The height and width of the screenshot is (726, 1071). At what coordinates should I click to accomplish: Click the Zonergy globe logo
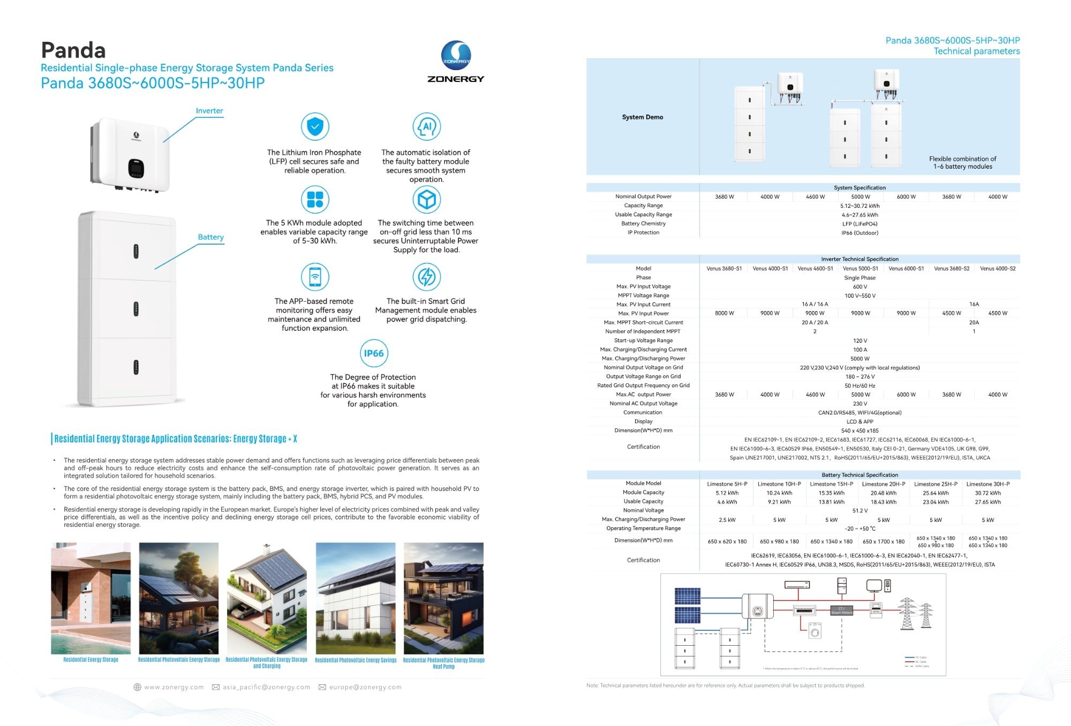coord(456,56)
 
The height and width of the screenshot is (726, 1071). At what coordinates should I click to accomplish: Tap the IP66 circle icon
coord(373,353)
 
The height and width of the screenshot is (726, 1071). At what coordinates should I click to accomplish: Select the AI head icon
coord(426,127)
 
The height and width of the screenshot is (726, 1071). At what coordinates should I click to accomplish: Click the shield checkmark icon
coord(315,127)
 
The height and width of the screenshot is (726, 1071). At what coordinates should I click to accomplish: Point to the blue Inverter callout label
coord(209,111)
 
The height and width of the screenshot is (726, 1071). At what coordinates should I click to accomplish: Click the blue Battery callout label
coord(210,237)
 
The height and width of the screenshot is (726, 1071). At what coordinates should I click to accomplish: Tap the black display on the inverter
coord(136,168)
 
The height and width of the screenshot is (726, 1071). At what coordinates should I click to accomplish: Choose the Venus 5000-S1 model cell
coord(860,269)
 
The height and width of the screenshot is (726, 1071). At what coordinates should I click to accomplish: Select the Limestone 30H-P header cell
coord(987,484)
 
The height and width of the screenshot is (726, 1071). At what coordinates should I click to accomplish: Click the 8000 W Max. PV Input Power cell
coord(724,313)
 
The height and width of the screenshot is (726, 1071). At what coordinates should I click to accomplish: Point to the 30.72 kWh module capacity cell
coord(987,493)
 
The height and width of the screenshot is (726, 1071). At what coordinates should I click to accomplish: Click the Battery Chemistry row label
coord(643,224)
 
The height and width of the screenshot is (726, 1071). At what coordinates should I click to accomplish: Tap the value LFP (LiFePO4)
coord(859,224)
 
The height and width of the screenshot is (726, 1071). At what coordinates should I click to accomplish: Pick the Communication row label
coord(643,413)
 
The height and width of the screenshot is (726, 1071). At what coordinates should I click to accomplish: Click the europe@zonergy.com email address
coord(365,687)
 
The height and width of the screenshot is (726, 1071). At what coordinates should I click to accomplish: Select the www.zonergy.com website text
coord(174,687)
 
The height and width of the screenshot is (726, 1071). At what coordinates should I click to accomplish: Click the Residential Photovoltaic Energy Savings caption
coord(356,660)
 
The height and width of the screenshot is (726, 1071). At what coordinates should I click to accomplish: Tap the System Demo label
coord(642,117)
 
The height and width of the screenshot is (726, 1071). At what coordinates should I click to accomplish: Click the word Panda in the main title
coord(73,50)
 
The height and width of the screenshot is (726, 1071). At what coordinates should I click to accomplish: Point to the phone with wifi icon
coord(315,277)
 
